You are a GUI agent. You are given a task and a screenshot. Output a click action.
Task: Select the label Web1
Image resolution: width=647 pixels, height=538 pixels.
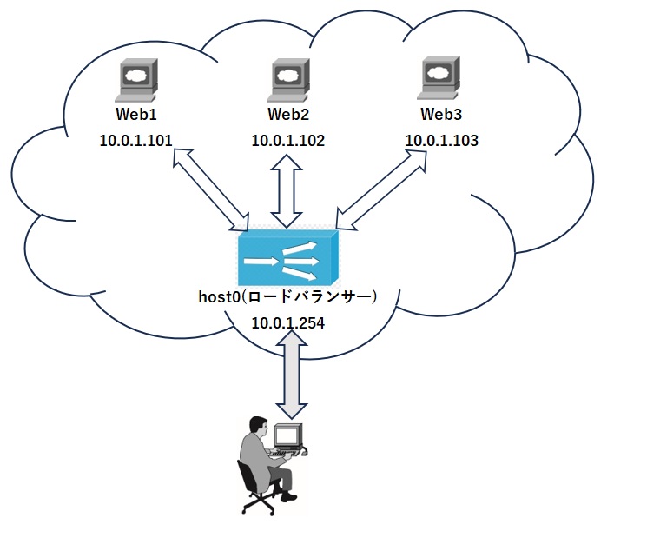[136, 114]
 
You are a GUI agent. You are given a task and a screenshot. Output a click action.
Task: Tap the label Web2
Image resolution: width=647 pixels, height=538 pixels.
[288, 114]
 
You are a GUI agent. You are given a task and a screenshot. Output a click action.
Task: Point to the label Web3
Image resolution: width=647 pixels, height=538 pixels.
[441, 114]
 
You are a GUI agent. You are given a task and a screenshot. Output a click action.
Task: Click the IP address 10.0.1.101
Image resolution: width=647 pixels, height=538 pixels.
[136, 140]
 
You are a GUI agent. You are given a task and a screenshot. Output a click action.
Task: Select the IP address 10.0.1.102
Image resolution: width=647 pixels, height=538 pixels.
[288, 140]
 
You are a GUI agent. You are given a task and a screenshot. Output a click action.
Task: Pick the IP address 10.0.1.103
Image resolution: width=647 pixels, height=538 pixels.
[441, 140]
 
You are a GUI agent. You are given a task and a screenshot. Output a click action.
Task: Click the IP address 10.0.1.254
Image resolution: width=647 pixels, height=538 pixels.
[288, 322]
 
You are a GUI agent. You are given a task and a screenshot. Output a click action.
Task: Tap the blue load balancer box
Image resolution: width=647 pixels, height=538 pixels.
[290, 257]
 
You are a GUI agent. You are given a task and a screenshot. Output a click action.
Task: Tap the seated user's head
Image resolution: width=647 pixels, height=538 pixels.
[257, 426]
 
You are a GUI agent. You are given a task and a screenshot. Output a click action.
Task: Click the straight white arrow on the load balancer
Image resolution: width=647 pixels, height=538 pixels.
[261, 260]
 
